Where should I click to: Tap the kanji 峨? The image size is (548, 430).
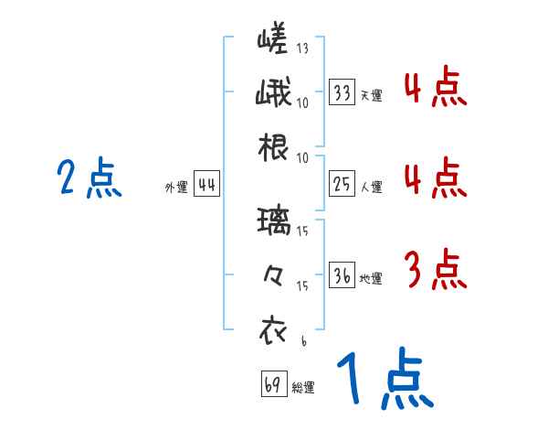coord(273,93)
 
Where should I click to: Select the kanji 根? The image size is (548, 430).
coord(273,147)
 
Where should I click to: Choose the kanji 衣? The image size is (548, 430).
coord(273,328)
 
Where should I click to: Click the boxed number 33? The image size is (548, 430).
coord(342,92)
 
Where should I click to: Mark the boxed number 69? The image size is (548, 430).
coord(273,384)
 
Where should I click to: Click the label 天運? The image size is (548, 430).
coord(371,95)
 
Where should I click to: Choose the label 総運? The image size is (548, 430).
coord(303,387)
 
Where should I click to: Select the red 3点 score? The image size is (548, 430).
coord(434,270)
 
